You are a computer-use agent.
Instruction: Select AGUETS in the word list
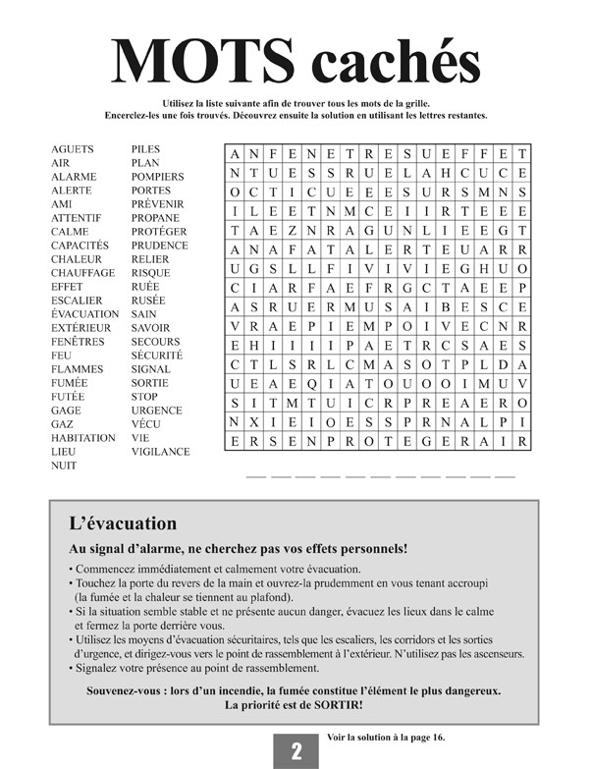pyautogui.click(x=73, y=149)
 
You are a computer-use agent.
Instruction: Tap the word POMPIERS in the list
pyautogui.click(x=157, y=177)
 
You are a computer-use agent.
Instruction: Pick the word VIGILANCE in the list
pyautogui.click(x=160, y=452)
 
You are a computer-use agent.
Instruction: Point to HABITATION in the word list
pyautogui.click(x=83, y=438)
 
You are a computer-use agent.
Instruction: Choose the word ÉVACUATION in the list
pyautogui.click(x=84, y=314)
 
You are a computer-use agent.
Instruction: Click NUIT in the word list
pyautogui.click(x=64, y=466)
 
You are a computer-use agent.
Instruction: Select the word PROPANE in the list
pyautogui.click(x=155, y=218)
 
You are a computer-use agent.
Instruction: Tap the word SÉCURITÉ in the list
pyautogui.click(x=157, y=356)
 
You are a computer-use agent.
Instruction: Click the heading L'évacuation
pyautogui.click(x=123, y=524)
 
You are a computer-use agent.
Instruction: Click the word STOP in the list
pyautogui.click(x=144, y=397)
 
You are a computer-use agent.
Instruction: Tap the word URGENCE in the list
pyautogui.click(x=156, y=411)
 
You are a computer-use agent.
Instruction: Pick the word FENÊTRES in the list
pyautogui.click(x=78, y=342)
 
